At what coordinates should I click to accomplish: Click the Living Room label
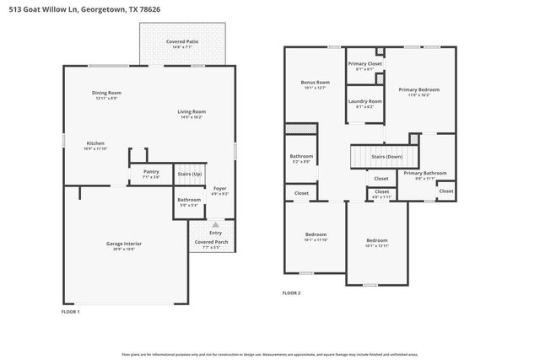[192, 111]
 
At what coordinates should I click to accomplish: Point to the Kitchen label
[95, 143]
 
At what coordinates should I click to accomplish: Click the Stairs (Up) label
[189, 174]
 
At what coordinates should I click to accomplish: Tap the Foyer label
[219, 189]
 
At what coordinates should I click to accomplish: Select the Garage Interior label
[124, 244]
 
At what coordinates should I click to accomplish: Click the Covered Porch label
[211, 242]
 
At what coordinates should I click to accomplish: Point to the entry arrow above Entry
[215, 224]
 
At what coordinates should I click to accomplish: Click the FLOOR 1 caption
[71, 312]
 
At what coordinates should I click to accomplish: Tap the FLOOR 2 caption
[291, 293]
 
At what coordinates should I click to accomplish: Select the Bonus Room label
[314, 83]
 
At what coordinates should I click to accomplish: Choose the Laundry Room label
[364, 101]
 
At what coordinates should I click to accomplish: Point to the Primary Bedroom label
[419, 89]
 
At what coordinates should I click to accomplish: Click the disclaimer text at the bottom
[270, 354]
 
